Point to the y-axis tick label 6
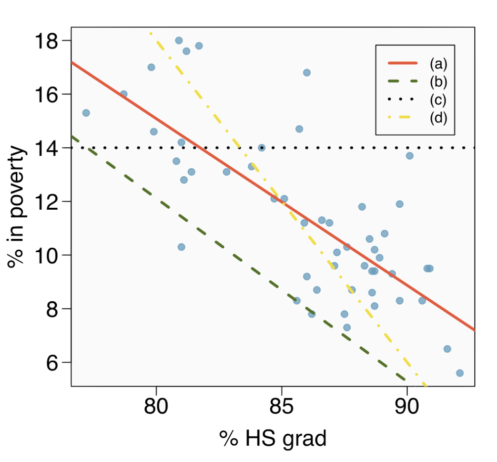(x=53, y=363)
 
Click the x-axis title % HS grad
(x=273, y=438)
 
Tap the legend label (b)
(x=438, y=81)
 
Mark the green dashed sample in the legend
(x=403, y=81)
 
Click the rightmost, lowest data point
(x=459, y=373)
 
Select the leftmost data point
(x=86, y=113)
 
